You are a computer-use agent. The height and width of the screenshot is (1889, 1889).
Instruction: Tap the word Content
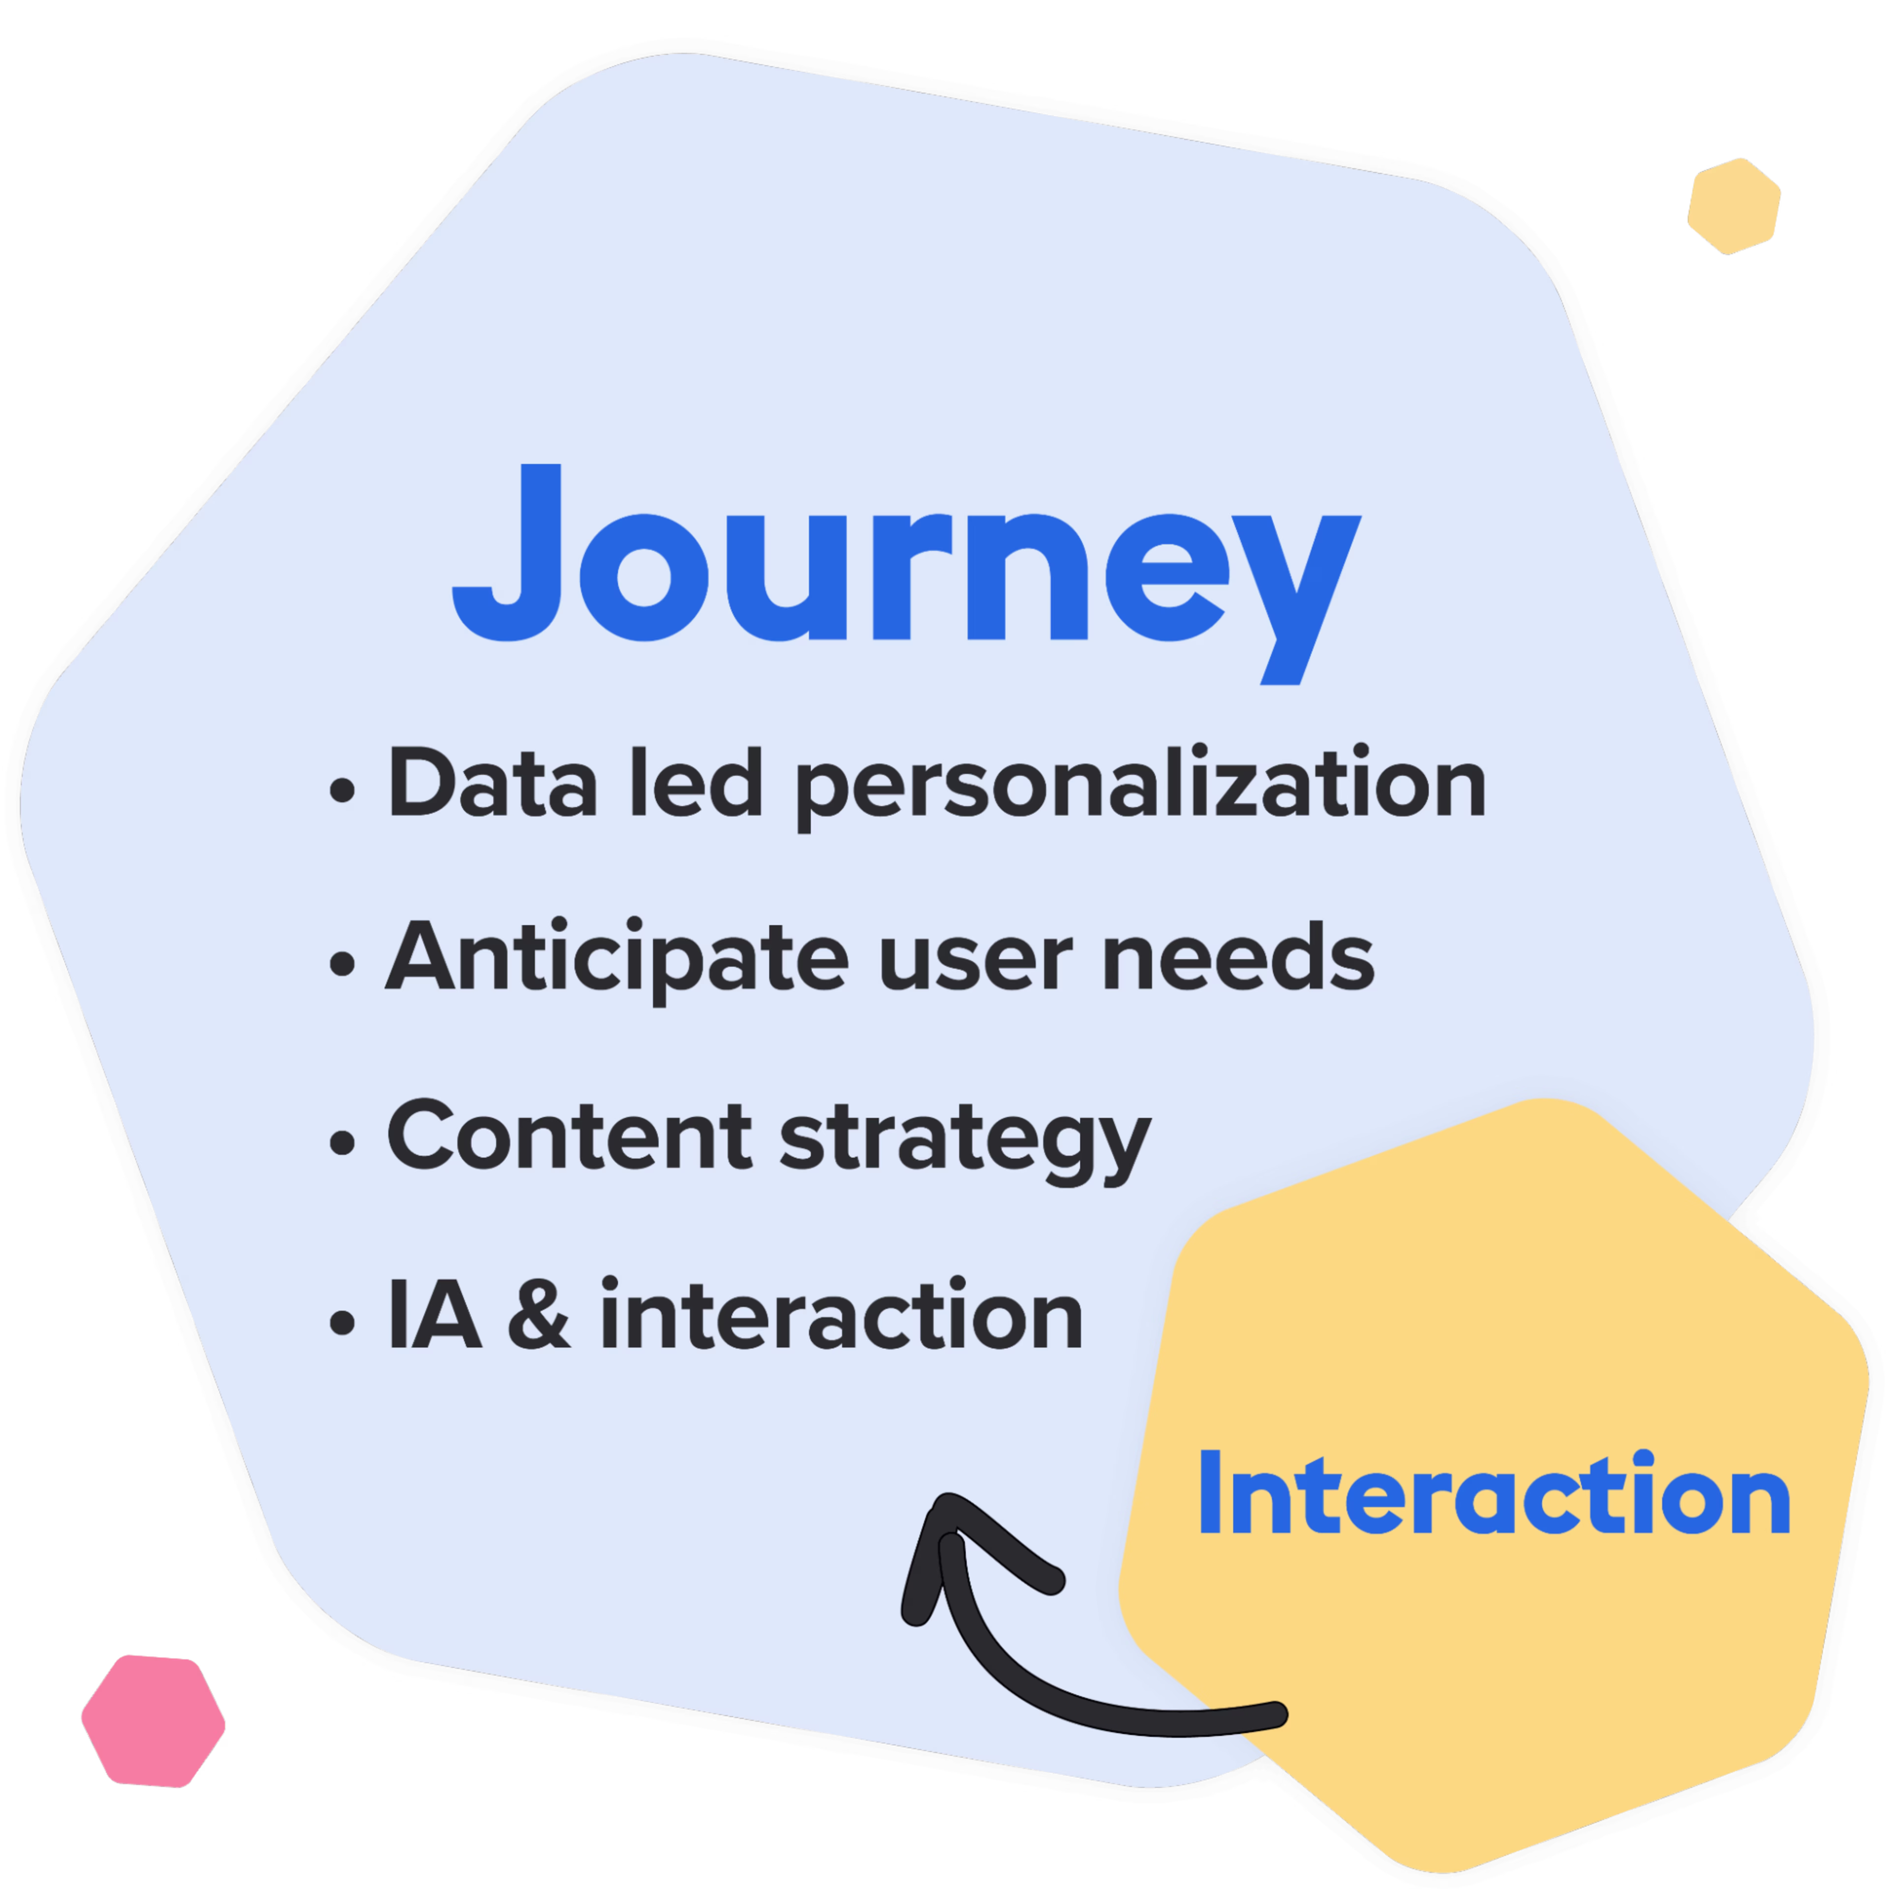tap(570, 1136)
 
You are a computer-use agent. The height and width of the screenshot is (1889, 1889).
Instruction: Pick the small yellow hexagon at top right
tap(1734, 205)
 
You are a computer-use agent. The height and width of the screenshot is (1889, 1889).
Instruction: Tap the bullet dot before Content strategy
tap(341, 1143)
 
